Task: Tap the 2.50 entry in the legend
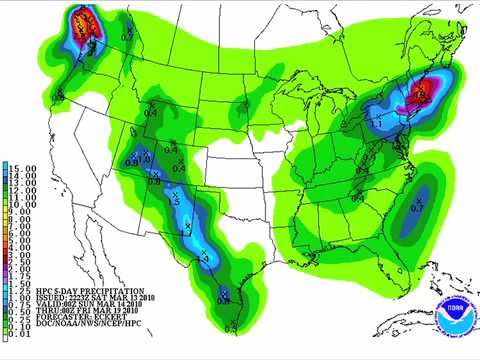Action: (19, 263)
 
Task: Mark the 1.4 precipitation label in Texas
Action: (206, 257)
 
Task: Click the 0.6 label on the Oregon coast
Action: (59, 95)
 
